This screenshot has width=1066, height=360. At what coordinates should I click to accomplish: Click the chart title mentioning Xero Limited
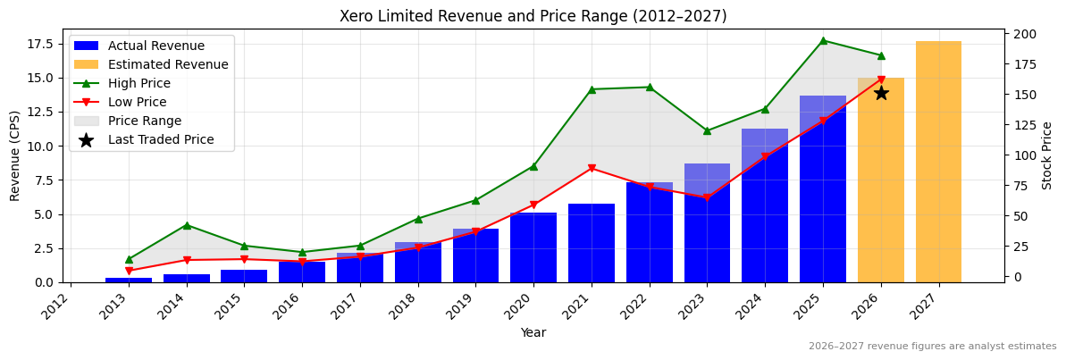(x=533, y=16)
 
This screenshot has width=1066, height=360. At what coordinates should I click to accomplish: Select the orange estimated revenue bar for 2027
(x=938, y=162)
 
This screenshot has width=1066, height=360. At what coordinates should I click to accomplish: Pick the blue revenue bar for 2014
(x=186, y=278)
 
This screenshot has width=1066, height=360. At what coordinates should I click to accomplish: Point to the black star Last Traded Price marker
(x=881, y=93)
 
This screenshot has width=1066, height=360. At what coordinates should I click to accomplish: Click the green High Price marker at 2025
(x=823, y=40)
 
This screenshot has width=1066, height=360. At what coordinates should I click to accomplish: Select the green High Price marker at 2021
(x=592, y=89)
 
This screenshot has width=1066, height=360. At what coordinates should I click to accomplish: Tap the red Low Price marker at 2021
(x=592, y=169)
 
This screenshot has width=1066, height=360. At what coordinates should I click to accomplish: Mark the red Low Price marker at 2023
(x=707, y=198)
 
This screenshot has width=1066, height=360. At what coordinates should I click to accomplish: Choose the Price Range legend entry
(x=144, y=121)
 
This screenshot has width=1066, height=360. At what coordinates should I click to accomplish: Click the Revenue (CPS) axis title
(x=15, y=155)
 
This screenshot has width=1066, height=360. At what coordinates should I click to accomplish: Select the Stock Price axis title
(x=1047, y=155)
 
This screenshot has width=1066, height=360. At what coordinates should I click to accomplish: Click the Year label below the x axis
(x=533, y=332)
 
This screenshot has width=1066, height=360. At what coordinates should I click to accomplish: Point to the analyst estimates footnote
(x=932, y=347)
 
